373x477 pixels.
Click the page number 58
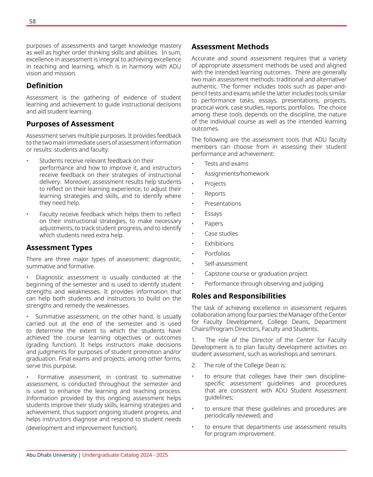point(32,22)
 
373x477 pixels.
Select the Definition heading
point(44,86)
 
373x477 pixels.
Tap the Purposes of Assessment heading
point(70,124)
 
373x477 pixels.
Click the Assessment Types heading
point(59,248)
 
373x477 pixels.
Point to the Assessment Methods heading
point(230,47)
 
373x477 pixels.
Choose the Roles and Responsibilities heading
point(239,296)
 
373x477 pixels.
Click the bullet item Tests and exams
point(226,164)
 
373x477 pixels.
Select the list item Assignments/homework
point(236,174)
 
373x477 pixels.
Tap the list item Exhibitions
point(219,244)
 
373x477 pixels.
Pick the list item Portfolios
point(217,254)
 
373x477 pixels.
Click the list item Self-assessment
point(226,264)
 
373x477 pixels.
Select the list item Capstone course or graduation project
point(256,274)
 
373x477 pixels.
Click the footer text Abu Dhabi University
point(52,455)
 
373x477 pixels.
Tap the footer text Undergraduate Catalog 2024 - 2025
point(125,455)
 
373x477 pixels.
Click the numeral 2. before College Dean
point(194,365)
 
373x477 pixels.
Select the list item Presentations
point(223,204)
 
